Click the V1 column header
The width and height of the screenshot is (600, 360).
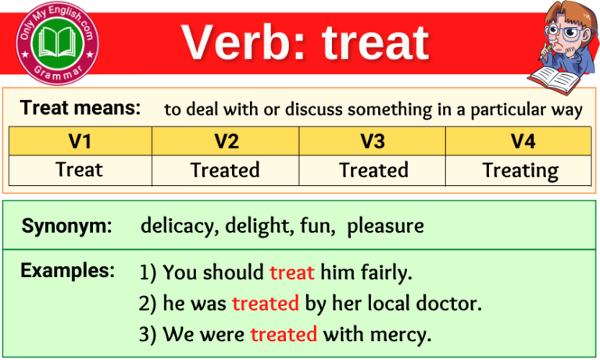pyautogui.click(x=80, y=141)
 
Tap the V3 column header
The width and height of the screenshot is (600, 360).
pyautogui.click(x=373, y=141)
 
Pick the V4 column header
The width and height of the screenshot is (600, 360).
pyautogui.click(x=520, y=141)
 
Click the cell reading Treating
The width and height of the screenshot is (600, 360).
pyautogui.click(x=520, y=170)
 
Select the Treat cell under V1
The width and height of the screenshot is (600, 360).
pyautogui.click(x=80, y=169)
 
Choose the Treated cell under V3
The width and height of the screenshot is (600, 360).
pyautogui.click(x=373, y=169)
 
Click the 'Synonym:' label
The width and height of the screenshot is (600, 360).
pyautogui.click(x=67, y=226)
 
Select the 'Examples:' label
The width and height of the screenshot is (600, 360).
pyautogui.click(x=68, y=271)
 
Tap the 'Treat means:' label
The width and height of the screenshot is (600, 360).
pyautogui.click(x=80, y=109)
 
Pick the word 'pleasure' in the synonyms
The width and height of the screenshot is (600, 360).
pyautogui.click(x=385, y=226)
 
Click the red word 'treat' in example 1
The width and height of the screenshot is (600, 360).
pyautogui.click(x=291, y=273)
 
